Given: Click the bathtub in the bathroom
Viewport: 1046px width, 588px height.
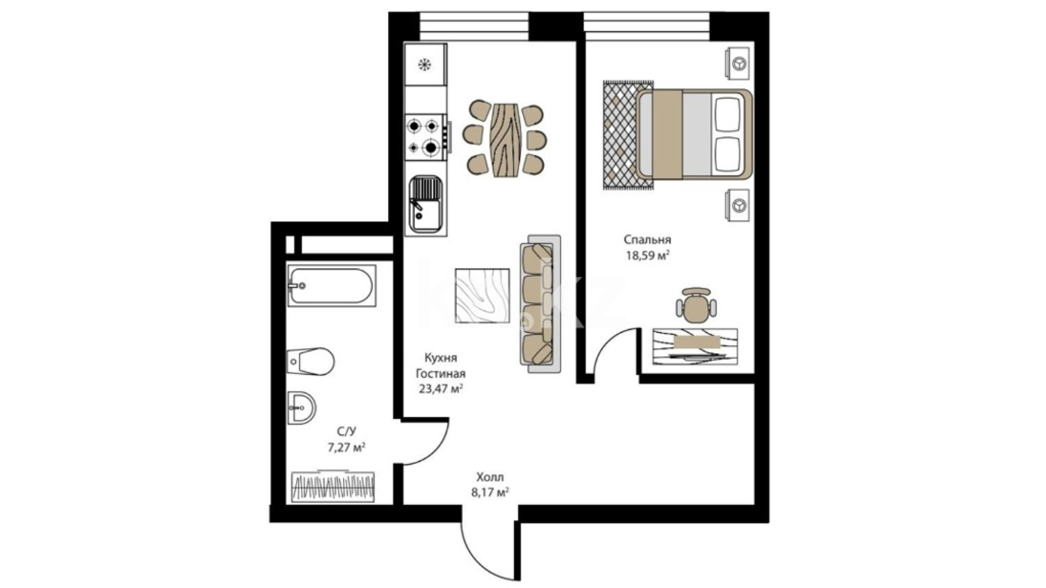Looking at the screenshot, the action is coord(331,285).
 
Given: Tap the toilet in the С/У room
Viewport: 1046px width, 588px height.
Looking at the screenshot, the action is coord(311,361).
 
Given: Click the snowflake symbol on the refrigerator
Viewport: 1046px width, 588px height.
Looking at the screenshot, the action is coord(424,65).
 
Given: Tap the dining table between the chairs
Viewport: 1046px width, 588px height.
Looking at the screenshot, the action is coord(504,139).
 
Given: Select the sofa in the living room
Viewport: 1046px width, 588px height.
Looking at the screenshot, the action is coord(540,304).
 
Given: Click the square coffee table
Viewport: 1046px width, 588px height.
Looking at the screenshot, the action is coord(482,296).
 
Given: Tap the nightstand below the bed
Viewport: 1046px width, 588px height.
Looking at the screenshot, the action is coord(737,205).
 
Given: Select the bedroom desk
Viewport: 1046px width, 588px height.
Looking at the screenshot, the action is coord(695,346).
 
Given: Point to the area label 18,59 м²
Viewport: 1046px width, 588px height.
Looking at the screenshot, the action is coord(647,255).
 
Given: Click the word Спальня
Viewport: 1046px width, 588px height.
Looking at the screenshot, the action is coord(647,240).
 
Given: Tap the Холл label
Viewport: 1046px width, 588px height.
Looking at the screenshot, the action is coord(490,477).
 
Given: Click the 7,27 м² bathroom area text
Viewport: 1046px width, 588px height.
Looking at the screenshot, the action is coord(346,448).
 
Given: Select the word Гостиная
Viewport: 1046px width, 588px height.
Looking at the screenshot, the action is coord(441,373).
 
